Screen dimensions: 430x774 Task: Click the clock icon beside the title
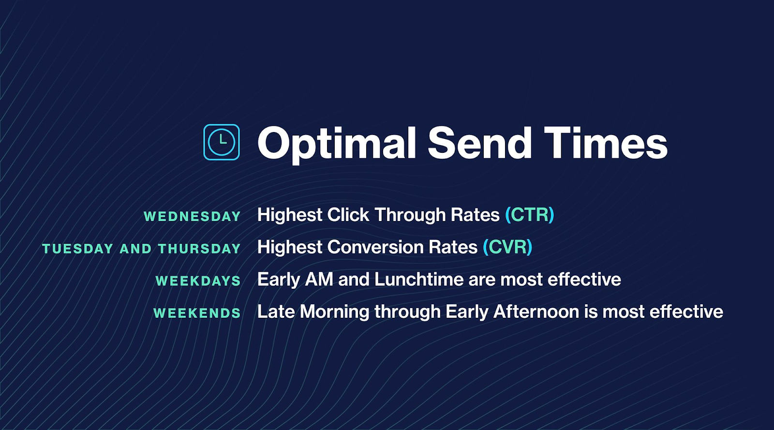(x=221, y=142)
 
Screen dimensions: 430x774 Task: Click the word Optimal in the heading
(x=337, y=143)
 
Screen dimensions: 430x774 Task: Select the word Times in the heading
(x=606, y=143)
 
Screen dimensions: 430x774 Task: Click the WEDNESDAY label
(x=192, y=216)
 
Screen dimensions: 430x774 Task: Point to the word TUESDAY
(x=77, y=249)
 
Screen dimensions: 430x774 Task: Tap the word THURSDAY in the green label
(x=199, y=249)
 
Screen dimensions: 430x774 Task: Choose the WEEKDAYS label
(x=198, y=281)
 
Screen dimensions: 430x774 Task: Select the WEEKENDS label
(x=197, y=313)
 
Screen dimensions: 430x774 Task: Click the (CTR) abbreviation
(x=529, y=215)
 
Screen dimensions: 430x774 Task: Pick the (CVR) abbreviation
(x=507, y=247)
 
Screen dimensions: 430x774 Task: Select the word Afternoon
(x=536, y=312)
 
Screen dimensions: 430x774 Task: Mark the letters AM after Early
(x=319, y=280)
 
